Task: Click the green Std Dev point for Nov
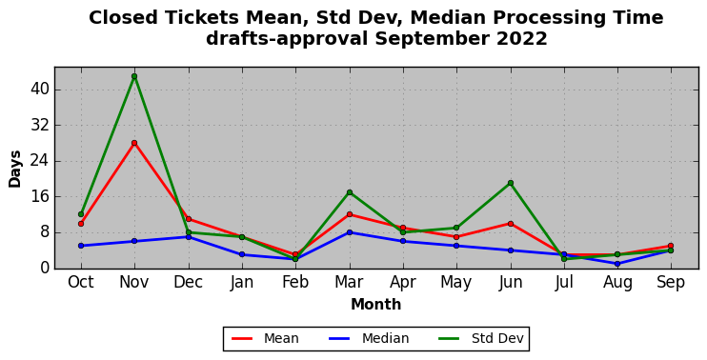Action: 134,76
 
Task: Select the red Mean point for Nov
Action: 134,143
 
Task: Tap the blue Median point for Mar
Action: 350,232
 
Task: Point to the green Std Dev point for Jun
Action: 511,183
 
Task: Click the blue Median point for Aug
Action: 617,264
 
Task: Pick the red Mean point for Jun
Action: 511,224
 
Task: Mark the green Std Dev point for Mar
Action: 350,192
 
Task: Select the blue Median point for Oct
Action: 81,246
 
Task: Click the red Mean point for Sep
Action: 671,246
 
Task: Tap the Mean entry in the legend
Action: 265,338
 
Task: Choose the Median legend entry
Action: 369,338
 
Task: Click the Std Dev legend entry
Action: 480,338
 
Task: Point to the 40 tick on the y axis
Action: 39,90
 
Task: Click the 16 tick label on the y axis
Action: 39,197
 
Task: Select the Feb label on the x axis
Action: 295,283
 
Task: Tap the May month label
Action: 456,283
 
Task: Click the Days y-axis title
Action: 15,169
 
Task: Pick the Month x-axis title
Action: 376,304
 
